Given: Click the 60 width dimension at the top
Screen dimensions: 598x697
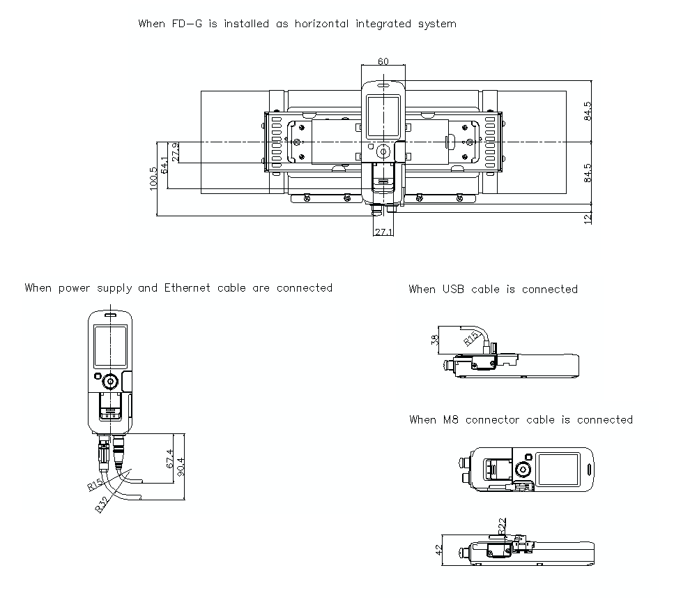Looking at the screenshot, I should click(383, 61).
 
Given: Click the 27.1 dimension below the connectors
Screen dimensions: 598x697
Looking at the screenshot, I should click(383, 232).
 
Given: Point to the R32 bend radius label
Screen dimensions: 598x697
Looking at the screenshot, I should click(103, 504).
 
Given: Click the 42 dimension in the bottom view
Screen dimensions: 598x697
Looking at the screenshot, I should click(439, 551).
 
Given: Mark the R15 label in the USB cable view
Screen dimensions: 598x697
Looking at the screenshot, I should click(472, 339).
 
